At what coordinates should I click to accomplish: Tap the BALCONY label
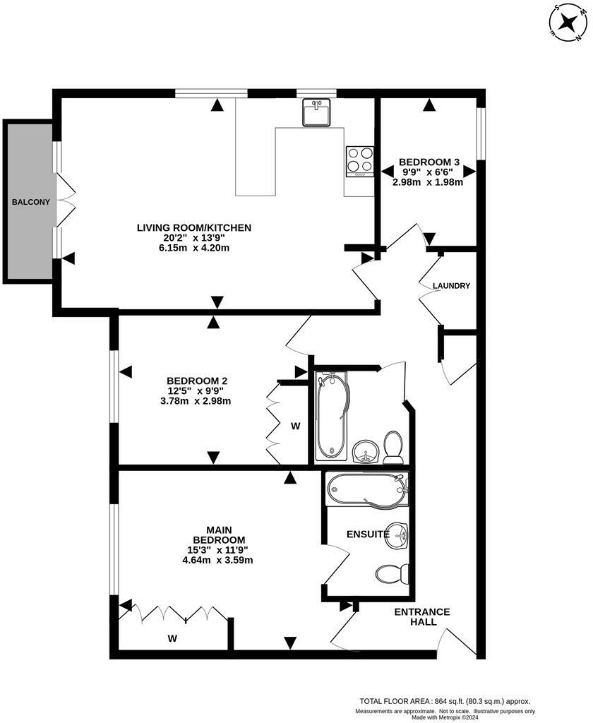[30, 202]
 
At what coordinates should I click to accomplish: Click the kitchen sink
[317, 112]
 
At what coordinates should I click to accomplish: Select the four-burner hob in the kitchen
[359, 161]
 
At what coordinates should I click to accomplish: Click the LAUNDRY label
[451, 286]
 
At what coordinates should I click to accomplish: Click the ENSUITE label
[367, 534]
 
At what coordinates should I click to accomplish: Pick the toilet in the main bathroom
[393, 446]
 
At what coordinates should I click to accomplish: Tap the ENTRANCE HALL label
[421, 616]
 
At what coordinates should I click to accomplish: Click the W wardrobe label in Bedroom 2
[296, 426]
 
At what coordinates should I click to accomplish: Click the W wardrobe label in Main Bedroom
[172, 638]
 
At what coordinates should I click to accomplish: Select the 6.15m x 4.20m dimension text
[194, 248]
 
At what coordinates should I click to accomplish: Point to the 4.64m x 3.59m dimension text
[217, 561]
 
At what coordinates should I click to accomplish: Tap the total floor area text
[445, 701]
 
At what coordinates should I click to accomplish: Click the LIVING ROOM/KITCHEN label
[194, 227]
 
